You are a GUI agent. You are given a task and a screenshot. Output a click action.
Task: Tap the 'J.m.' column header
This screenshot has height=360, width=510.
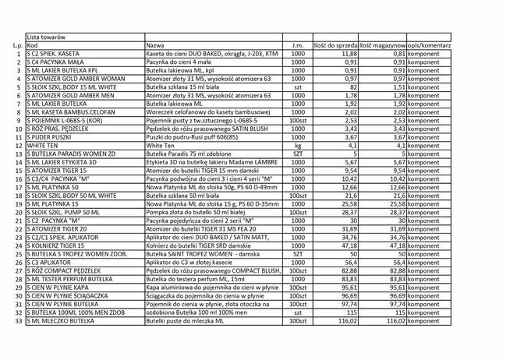297,45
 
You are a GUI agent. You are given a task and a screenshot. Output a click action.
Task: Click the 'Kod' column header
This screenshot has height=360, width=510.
33,45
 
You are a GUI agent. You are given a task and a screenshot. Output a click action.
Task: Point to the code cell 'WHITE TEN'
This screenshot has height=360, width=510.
42,145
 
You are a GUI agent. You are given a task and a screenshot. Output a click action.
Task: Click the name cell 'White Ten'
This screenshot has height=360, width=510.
161,145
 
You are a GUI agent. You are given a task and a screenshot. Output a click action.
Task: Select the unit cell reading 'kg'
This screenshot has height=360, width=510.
297,145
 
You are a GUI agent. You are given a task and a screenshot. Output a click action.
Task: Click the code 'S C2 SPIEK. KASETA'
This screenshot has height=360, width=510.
55,53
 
